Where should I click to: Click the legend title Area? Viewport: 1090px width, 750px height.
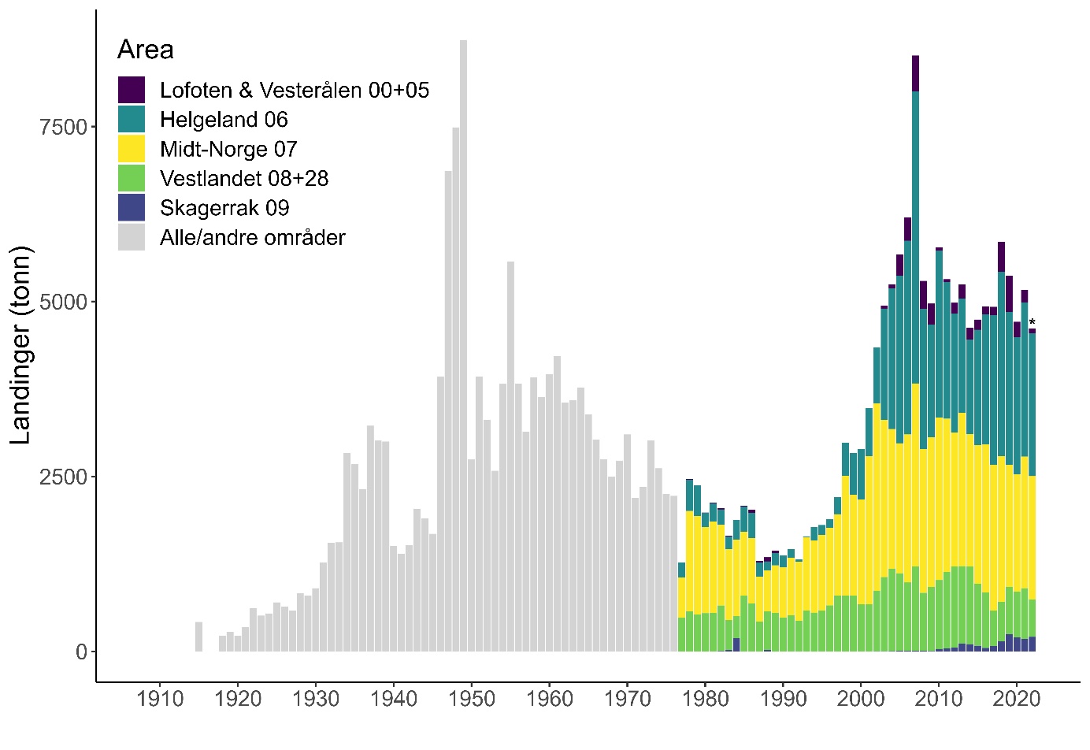[146, 50]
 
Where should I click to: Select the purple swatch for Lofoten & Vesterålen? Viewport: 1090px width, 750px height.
[132, 90]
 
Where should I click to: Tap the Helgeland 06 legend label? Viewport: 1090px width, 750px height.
[224, 120]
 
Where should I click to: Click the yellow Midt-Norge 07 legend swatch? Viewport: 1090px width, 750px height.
[132, 149]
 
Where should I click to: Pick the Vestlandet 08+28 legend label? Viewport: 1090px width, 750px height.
[244, 179]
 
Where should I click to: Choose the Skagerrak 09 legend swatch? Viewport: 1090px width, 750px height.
[132, 208]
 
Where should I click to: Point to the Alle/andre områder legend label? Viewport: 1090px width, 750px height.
[253, 238]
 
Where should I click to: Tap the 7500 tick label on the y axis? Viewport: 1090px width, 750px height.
[62, 127]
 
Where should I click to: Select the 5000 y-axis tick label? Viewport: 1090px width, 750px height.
[62, 302]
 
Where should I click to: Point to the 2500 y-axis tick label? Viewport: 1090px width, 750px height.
[62, 477]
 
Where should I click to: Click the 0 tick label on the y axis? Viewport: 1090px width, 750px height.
[81, 652]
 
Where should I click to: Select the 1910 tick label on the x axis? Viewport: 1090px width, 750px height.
[160, 700]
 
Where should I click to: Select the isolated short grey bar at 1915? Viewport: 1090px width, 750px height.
[199, 637]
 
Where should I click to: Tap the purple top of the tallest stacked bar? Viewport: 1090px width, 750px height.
[915, 73]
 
